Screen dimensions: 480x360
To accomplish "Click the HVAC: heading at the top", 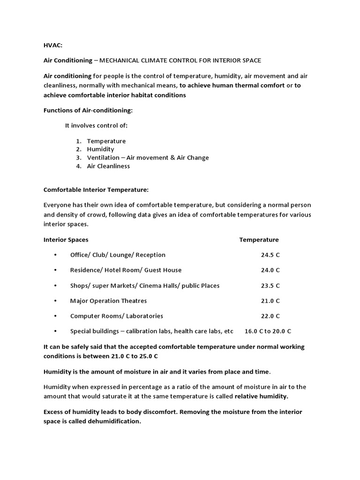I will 52,45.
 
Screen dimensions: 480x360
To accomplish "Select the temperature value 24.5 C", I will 270,255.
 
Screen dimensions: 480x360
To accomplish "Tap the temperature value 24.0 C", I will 270,270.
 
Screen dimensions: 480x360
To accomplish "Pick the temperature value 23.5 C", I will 270,285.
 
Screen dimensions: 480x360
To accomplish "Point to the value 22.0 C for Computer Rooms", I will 270,316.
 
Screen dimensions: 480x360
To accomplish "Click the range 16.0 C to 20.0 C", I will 268,331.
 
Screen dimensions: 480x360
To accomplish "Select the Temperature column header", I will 259,240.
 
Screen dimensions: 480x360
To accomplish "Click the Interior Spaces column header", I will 66,240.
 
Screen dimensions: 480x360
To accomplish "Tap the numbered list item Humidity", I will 100,149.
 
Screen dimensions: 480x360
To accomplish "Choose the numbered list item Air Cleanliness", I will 108,166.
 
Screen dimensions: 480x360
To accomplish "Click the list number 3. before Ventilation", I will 78,157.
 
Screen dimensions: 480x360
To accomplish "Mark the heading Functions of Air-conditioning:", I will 88,110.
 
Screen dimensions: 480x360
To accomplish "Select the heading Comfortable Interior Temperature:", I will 96,190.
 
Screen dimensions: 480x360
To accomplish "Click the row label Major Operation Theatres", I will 108,300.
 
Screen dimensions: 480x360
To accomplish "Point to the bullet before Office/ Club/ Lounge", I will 55,255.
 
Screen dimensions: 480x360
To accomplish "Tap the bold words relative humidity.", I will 262,396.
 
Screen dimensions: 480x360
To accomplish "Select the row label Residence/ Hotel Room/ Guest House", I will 126,270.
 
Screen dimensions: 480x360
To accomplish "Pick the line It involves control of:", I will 96,126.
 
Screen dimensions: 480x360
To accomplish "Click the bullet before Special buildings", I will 55,331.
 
